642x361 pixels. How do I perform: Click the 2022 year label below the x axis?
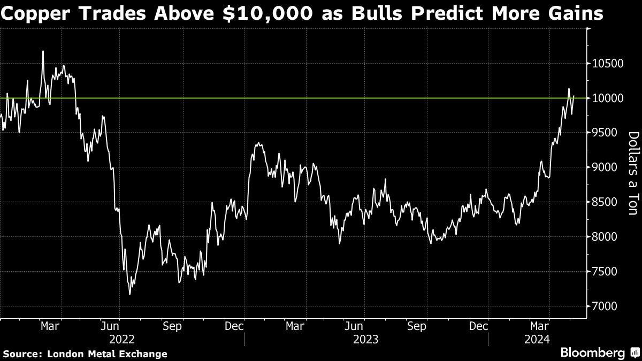(x=121, y=339)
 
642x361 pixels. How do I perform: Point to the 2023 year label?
(x=366, y=339)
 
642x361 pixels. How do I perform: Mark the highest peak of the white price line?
(x=43, y=52)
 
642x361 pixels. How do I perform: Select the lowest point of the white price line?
(x=130, y=294)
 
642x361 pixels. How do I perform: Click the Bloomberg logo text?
(x=592, y=352)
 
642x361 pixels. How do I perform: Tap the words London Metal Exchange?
(x=107, y=354)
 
